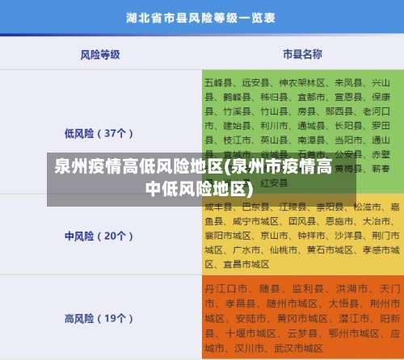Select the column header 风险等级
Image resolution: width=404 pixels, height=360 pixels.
point(100,54)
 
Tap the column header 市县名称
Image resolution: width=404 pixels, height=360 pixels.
point(302,54)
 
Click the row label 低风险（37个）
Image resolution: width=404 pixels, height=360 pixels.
point(99,133)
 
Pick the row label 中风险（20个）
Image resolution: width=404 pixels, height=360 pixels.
point(99,214)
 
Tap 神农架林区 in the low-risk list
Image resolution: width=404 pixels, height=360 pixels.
point(302,82)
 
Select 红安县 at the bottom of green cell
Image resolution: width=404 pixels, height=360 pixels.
point(274,183)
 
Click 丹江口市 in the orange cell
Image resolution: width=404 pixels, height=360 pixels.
point(223,288)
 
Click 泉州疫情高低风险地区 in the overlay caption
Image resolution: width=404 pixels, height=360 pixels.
point(137,168)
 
